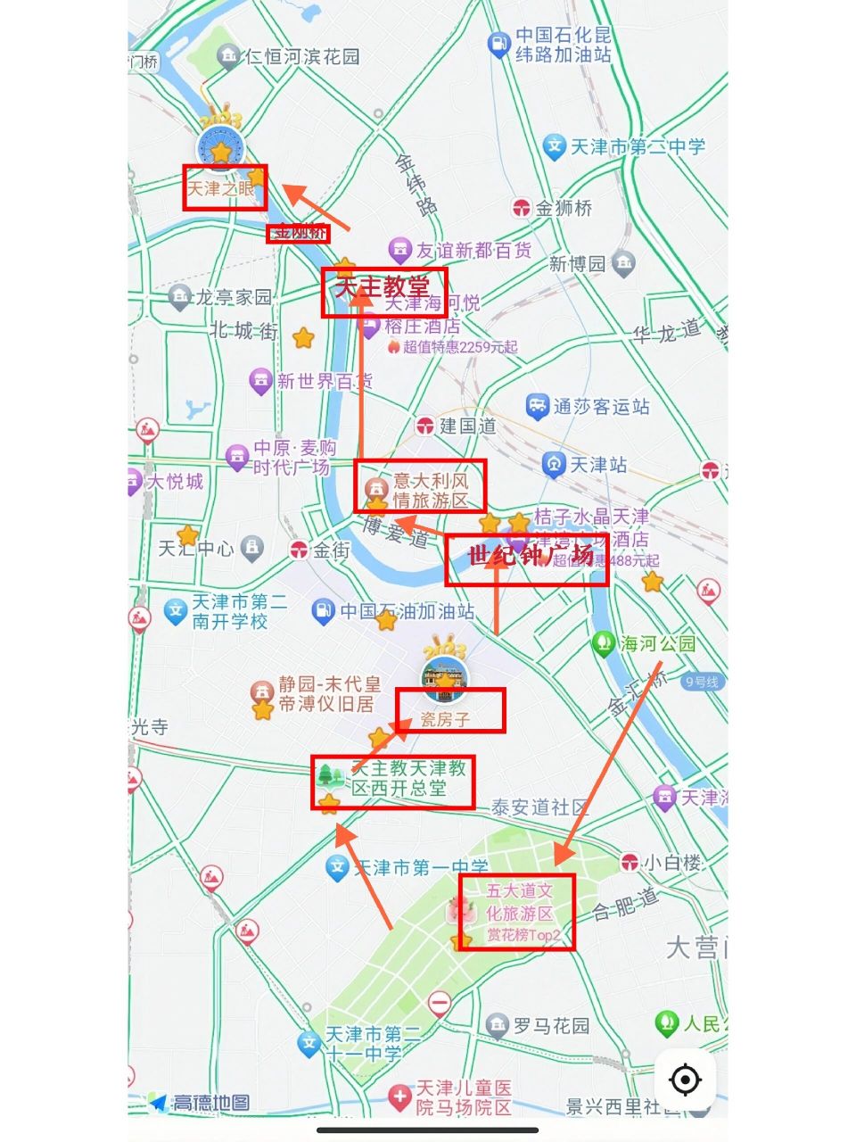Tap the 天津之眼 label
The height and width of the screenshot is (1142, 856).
click(x=221, y=188)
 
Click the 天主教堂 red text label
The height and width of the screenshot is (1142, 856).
click(x=383, y=287)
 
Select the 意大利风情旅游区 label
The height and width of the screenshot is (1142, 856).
click(x=431, y=490)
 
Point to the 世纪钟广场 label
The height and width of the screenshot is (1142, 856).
click(x=530, y=556)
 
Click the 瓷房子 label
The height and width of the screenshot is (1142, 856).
click(x=445, y=718)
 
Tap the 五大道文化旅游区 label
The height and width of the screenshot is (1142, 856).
click(x=520, y=902)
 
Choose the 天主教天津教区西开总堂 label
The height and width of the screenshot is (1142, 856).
click(x=409, y=778)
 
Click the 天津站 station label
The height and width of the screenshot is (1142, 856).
click(x=598, y=465)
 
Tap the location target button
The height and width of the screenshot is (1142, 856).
click(x=685, y=1080)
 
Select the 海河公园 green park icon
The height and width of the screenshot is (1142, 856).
click(x=604, y=643)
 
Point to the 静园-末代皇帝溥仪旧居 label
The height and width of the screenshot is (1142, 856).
click(x=329, y=693)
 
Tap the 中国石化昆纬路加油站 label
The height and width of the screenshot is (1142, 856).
click(x=564, y=45)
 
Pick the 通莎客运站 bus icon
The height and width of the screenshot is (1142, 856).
click(x=537, y=407)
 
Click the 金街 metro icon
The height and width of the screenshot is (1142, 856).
click(x=300, y=550)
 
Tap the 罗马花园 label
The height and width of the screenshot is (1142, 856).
click(x=551, y=1026)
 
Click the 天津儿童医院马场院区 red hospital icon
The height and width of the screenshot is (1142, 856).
click(x=400, y=1096)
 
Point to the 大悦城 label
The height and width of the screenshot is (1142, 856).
click(x=175, y=482)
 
